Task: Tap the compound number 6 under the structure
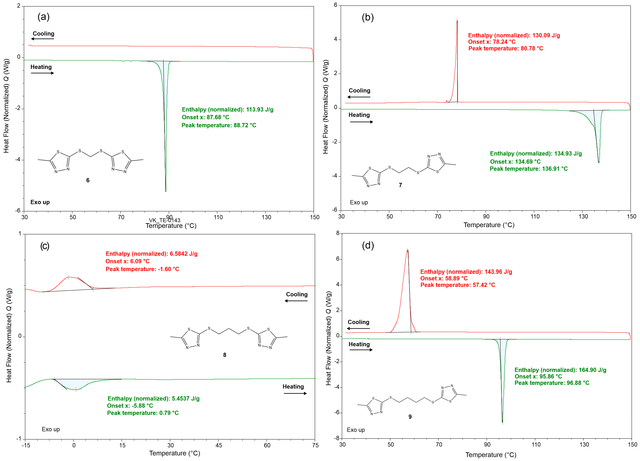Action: point(88,180)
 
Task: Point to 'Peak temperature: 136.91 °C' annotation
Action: point(529,169)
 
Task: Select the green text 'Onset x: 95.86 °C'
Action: point(538,376)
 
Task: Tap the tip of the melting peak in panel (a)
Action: point(166,191)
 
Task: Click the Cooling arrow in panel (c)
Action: point(296,301)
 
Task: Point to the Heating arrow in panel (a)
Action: point(42,73)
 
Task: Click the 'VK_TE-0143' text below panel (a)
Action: point(165,220)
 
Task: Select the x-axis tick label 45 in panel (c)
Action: point(219,445)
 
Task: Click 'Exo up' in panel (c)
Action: point(51,429)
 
